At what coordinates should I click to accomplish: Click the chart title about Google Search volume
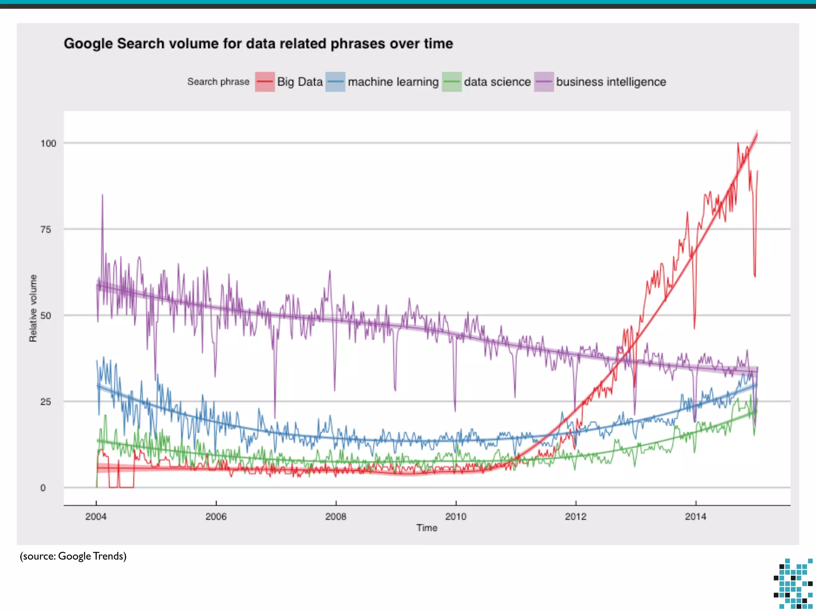[x=258, y=43]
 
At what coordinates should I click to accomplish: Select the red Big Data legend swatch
[x=265, y=82]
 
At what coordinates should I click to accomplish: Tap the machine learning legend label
[x=393, y=82]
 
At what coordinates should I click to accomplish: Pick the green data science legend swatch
[x=451, y=82]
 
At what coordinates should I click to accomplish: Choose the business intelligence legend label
[x=611, y=82]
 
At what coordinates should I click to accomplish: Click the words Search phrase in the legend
[x=218, y=82]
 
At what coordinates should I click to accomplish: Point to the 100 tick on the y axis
[x=48, y=143]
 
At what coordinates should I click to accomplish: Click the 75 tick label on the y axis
[x=46, y=229]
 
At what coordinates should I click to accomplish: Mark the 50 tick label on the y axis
[x=46, y=316]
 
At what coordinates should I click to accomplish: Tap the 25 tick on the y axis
[x=46, y=402]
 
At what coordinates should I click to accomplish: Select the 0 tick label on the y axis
[x=43, y=488]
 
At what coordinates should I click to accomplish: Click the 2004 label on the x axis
[x=96, y=516]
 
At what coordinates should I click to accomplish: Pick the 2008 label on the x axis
[x=336, y=516]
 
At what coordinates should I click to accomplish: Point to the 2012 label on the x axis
[x=576, y=516]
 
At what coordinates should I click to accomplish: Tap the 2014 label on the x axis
[x=696, y=516]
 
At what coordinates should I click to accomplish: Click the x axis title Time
[x=427, y=528]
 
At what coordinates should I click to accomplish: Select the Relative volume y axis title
[x=33, y=308]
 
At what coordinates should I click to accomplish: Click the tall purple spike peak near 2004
[x=102, y=195]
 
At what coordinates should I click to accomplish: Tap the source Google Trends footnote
[x=73, y=556]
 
